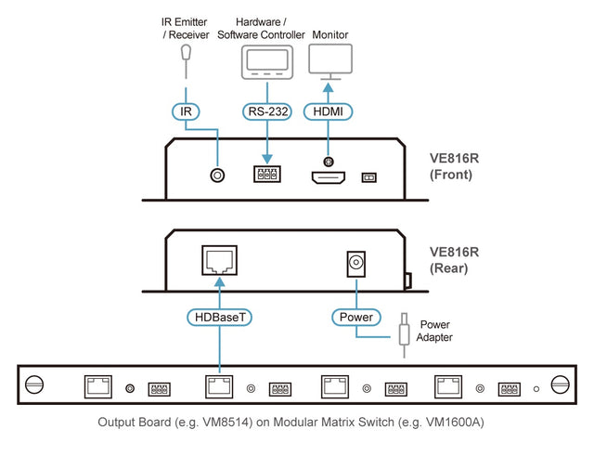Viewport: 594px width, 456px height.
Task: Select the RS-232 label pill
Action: pyautogui.click(x=267, y=111)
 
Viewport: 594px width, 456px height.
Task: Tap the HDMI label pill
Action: pyautogui.click(x=328, y=111)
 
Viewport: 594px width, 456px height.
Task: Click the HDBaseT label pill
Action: pyautogui.click(x=219, y=318)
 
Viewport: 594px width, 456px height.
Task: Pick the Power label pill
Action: pyautogui.click(x=355, y=318)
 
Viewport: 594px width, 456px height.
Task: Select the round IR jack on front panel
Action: pyautogui.click(x=218, y=174)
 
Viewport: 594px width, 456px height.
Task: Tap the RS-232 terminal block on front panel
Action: pyautogui.click(x=267, y=174)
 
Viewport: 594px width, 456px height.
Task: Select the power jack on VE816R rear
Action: pyautogui.click(x=355, y=263)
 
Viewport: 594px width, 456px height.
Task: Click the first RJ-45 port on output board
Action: pyautogui.click(x=98, y=385)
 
